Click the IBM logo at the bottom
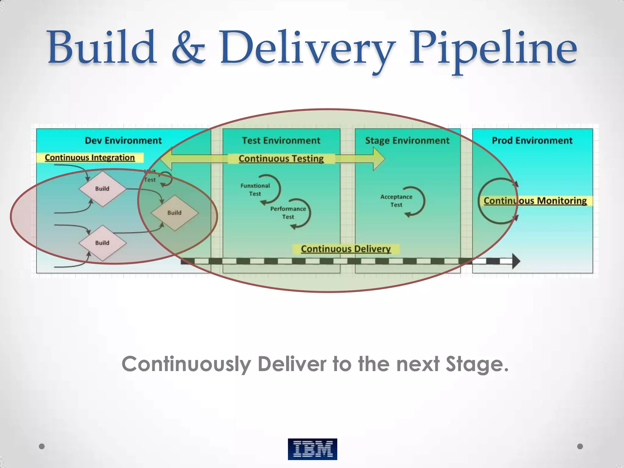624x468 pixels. point(312,449)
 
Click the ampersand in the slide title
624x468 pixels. point(188,49)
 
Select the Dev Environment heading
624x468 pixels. point(123,140)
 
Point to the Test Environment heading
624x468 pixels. point(281,140)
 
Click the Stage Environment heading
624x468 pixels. point(407,140)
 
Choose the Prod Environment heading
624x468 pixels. point(532,140)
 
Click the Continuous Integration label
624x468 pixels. point(90,158)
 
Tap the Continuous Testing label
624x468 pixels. point(281,158)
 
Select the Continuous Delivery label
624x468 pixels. point(346,249)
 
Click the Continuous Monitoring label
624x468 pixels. point(535,201)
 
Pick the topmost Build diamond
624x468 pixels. point(102,189)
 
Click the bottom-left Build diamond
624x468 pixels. point(102,243)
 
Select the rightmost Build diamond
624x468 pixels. point(175,213)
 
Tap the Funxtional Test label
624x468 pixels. point(255,190)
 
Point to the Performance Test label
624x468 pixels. point(288,213)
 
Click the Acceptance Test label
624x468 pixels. point(396,201)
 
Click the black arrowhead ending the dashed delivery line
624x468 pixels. point(516,261)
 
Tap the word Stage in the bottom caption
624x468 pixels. point(477,364)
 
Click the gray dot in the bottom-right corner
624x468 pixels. point(580,446)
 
